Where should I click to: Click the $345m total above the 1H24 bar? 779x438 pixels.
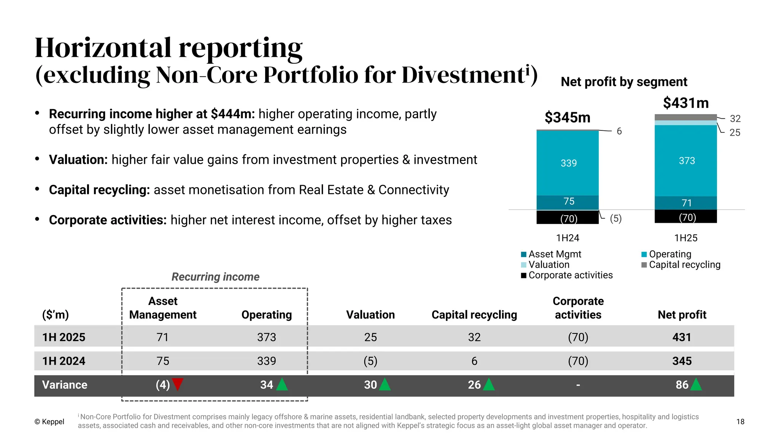pyautogui.click(x=567, y=117)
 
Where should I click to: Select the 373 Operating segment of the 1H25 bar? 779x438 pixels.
pyautogui.click(x=686, y=161)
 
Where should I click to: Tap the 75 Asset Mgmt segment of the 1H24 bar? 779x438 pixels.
pyautogui.click(x=568, y=202)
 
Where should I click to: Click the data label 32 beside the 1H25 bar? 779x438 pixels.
pyautogui.click(x=735, y=119)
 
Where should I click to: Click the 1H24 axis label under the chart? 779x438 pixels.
pyautogui.click(x=568, y=238)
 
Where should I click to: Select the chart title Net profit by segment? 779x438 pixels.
pyautogui.click(x=624, y=82)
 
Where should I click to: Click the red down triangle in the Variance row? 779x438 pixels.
pyautogui.click(x=178, y=384)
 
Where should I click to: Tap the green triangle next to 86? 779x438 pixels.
pyautogui.click(x=696, y=385)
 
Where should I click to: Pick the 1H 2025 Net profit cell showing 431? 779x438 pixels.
pyautogui.click(x=682, y=337)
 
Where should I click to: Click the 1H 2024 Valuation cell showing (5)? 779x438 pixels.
pyautogui.click(x=370, y=361)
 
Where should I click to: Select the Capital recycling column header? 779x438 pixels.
pyautogui.click(x=474, y=315)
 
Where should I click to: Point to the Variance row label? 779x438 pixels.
pyautogui.click(x=65, y=385)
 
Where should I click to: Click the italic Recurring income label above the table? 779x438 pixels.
pyautogui.click(x=215, y=277)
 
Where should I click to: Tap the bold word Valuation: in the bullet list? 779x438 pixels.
pyautogui.click(x=78, y=160)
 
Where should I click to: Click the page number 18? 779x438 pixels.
pyautogui.click(x=740, y=422)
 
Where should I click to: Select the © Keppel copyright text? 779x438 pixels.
pyautogui.click(x=49, y=422)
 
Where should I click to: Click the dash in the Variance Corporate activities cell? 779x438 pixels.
pyautogui.click(x=578, y=385)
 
